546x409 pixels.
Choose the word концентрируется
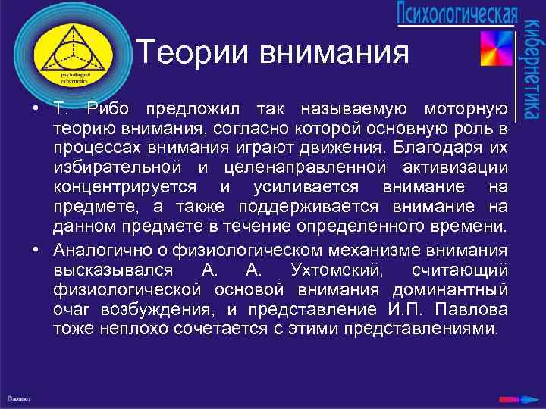point(124,186)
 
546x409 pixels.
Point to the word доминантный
point(450,290)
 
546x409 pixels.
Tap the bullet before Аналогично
point(36,251)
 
